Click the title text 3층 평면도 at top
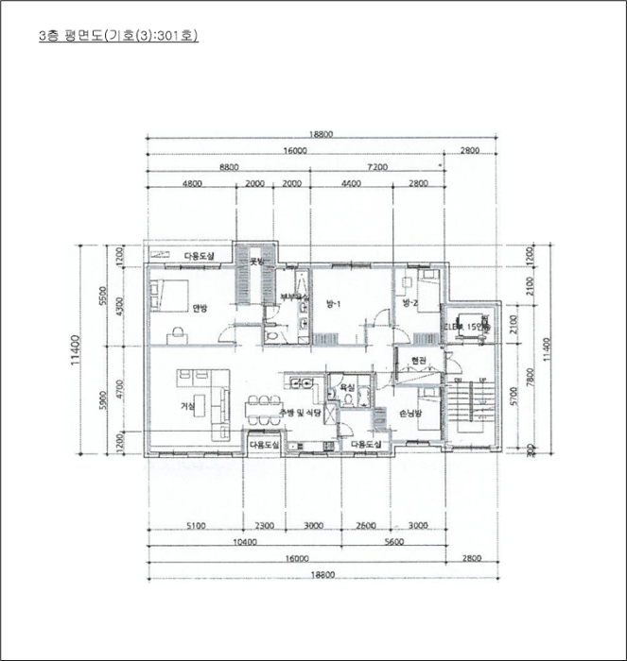pyautogui.click(x=117, y=36)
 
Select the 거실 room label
pyautogui.click(x=187, y=406)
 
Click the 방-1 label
pyautogui.click(x=332, y=304)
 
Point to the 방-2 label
pyautogui.click(x=409, y=303)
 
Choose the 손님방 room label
pyautogui.click(x=410, y=413)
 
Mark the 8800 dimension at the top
pyautogui.click(x=228, y=166)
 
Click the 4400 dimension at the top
pyautogui.click(x=351, y=183)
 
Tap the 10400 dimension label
pyautogui.click(x=244, y=542)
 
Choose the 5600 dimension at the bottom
pyautogui.click(x=394, y=542)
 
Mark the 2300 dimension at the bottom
pyautogui.click(x=265, y=525)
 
